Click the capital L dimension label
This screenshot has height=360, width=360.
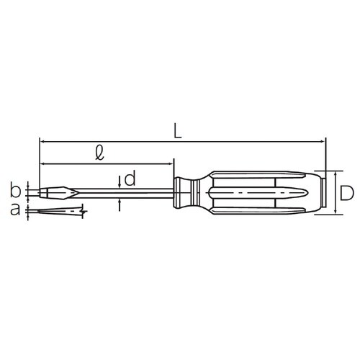178,131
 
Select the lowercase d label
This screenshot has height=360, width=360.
130,179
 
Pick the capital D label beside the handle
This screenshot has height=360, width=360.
346,192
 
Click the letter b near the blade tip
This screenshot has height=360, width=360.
16,192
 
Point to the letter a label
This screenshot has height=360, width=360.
16,210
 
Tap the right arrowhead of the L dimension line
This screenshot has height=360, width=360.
323,142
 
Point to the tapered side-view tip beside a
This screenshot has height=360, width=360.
58,211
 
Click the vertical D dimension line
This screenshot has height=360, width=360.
336,192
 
